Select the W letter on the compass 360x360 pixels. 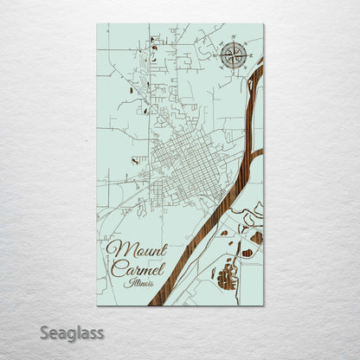pyautogui.click(x=219, y=57)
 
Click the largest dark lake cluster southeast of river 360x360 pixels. pyautogui.click(x=228, y=278)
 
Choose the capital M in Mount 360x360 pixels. pyautogui.click(x=113, y=251)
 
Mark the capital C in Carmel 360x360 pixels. pyautogui.click(x=116, y=269)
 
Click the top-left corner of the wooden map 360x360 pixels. pyautogui.click(x=98, y=24)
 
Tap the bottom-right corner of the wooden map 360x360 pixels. pyautogui.click(x=263, y=305)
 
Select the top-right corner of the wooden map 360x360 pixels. pyautogui.click(x=263, y=24)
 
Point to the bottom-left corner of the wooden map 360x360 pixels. pyautogui.click(x=98, y=305)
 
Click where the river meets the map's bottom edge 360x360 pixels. pyautogui.click(x=154, y=305)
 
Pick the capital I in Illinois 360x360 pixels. pyautogui.click(x=126, y=283)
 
